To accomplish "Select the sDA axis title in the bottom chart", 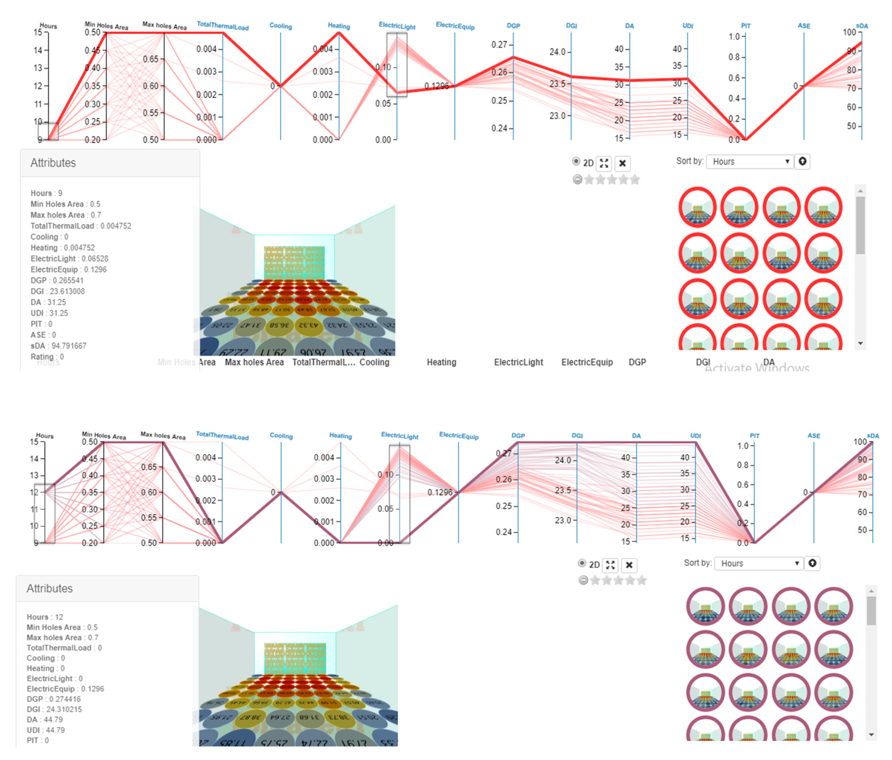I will coord(873,436).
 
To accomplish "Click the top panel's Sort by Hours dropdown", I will coord(750,162).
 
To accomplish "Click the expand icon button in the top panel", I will coord(604,163).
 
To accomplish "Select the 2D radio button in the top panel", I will coord(576,162).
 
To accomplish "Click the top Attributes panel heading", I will coord(53,163).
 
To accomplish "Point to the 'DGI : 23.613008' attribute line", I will coord(58,291).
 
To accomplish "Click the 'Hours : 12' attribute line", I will coord(45,617).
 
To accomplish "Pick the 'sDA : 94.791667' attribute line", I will coord(58,346).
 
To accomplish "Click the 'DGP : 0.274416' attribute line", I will coord(53,699).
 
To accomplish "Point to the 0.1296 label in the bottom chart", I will coord(440,492).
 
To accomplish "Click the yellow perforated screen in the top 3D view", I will coord(294,262).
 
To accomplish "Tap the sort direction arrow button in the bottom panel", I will coord(812,563).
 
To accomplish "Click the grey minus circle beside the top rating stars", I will coord(577,179).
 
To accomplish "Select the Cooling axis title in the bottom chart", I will coord(281,436).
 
